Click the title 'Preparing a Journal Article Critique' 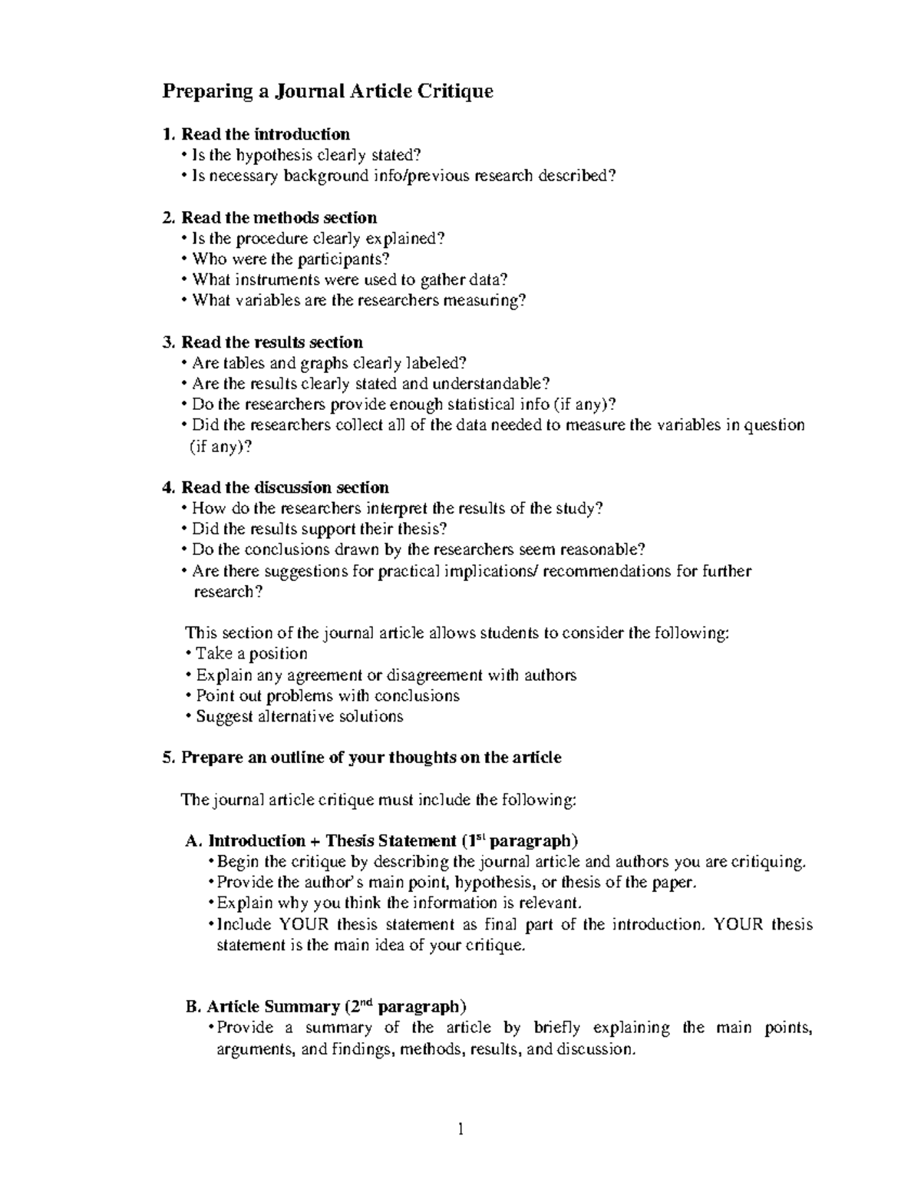pyautogui.click(x=327, y=92)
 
